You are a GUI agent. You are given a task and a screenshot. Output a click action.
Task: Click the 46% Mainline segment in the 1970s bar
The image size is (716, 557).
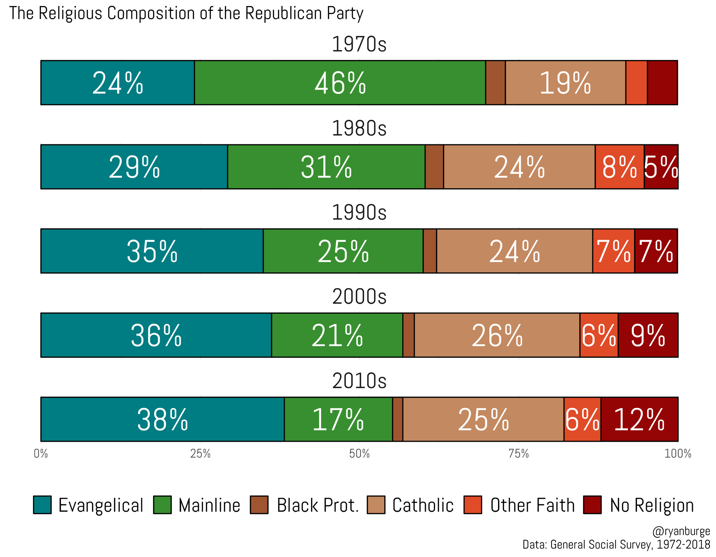(340, 83)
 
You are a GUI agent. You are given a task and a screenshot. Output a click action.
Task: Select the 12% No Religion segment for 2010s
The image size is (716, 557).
(639, 419)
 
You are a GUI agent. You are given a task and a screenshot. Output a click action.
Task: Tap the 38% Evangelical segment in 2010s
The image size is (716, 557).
(162, 419)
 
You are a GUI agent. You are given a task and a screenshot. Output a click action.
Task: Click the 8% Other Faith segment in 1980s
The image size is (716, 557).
(619, 167)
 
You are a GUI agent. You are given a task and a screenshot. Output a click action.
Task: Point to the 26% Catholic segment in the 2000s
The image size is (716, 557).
(497, 335)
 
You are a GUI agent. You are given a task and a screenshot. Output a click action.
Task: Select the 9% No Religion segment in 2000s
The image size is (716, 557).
(648, 335)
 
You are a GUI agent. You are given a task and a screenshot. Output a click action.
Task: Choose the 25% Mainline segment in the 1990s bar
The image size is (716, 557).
(343, 251)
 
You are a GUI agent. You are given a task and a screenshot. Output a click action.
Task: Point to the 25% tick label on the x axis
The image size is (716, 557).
(200, 454)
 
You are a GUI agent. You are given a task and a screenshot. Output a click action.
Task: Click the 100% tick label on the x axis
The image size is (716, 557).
(677, 454)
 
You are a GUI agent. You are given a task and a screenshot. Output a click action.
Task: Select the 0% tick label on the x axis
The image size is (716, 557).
(41, 454)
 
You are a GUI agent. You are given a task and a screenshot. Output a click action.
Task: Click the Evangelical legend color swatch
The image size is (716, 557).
(42, 505)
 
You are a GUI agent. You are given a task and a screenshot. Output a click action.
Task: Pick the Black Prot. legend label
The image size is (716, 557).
(317, 505)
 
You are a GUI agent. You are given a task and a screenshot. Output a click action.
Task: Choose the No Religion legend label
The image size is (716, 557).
(651, 505)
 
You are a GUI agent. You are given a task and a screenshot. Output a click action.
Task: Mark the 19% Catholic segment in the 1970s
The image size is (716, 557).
(565, 83)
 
